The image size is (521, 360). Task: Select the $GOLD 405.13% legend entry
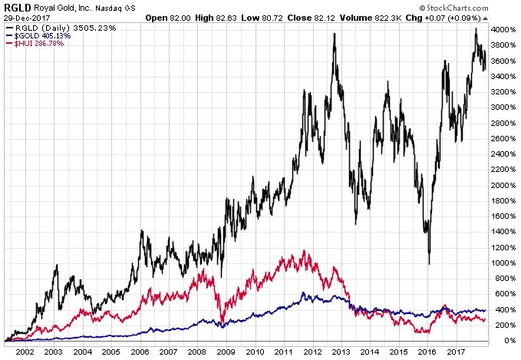pyautogui.click(x=39, y=35)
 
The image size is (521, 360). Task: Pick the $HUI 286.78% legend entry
pyautogui.click(x=37, y=44)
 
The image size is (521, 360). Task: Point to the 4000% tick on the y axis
pyautogui.click(x=503, y=29)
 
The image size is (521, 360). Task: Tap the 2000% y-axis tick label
pyautogui.click(x=503, y=185)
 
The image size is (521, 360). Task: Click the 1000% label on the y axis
pyautogui.click(x=503, y=263)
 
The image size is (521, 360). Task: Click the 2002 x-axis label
pyautogui.click(x=25, y=351)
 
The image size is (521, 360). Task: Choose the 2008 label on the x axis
pyautogui.click(x=196, y=351)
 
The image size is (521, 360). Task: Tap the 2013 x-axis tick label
pyautogui.click(x=340, y=351)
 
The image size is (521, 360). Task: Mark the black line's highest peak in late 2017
pyautogui.click(x=476, y=29)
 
